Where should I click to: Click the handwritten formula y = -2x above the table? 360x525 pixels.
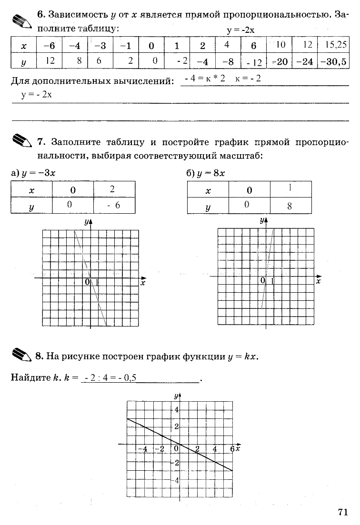(241, 30)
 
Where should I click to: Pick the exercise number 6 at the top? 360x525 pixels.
(40, 14)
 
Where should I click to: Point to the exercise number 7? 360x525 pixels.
(40, 142)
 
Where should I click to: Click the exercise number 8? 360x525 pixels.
(39, 356)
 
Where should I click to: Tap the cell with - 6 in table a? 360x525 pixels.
(114, 205)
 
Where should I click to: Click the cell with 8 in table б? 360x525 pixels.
(290, 206)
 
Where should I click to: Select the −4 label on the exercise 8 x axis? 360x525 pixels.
(142, 449)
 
